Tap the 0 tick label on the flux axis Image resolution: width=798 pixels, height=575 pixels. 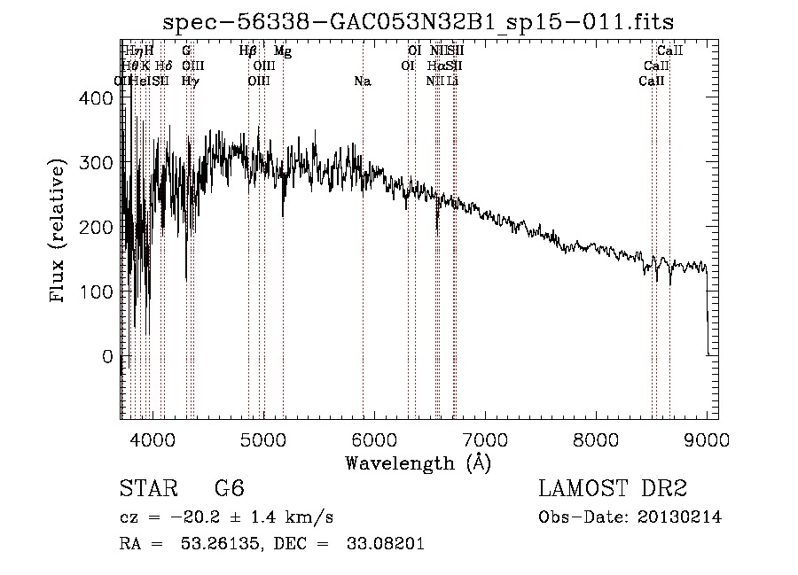click(106, 356)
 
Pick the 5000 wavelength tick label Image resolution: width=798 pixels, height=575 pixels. click(263, 438)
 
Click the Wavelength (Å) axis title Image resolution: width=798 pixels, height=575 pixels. click(418, 462)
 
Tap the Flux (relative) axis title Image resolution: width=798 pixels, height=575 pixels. click(59, 231)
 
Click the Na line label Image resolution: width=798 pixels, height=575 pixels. click(362, 82)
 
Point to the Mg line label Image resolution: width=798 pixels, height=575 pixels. click(283, 51)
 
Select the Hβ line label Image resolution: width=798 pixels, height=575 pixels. click(248, 51)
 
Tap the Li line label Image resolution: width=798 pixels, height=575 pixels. click(453, 82)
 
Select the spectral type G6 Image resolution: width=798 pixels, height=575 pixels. click(229, 489)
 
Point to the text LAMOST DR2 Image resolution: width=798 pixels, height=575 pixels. click(613, 489)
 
